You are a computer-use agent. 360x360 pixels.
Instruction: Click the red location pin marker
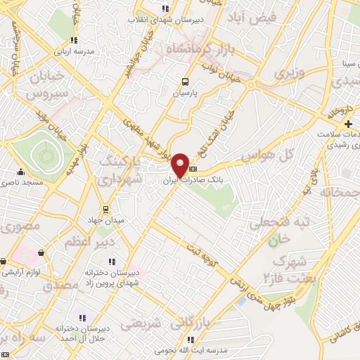pos(181,165)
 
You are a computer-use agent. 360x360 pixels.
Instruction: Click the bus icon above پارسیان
pos(185,82)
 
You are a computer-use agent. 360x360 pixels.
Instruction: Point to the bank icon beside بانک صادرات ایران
pos(193,169)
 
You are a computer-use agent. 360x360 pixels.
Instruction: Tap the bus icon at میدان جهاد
pos(105,209)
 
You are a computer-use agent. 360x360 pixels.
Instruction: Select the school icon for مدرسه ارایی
pos(75,40)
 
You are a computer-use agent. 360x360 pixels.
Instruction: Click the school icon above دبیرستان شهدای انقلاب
pos(166,8)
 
